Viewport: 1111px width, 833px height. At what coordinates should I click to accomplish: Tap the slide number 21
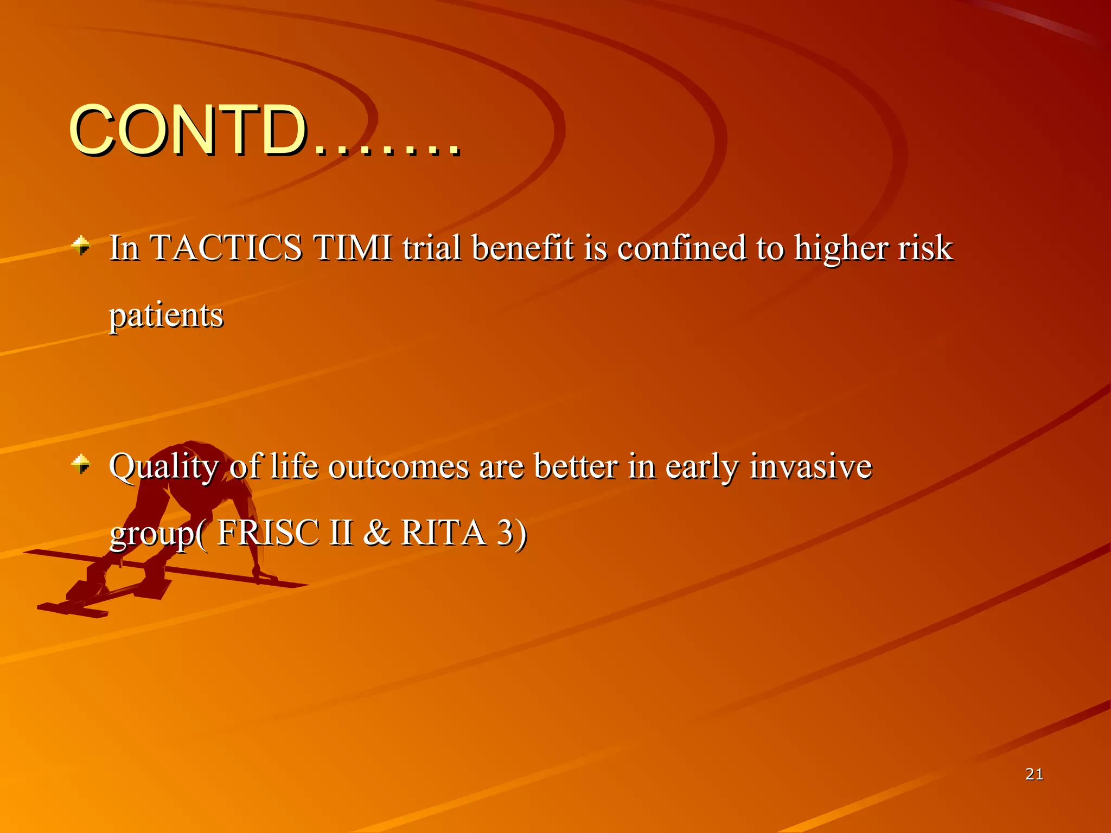[x=1034, y=774]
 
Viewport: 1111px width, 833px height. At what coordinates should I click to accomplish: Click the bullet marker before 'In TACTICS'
[x=81, y=245]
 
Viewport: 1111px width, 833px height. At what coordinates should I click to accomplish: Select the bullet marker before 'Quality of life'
[x=81, y=464]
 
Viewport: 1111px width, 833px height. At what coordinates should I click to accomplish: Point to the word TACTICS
[x=225, y=248]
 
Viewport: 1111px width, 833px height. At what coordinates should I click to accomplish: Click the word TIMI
[x=353, y=248]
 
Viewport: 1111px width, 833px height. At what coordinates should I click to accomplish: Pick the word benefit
[x=522, y=248]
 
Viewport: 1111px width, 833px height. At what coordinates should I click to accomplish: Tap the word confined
[x=681, y=248]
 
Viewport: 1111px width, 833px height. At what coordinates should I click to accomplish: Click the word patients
[x=166, y=316]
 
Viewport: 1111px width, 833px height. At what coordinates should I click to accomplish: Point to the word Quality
[x=163, y=467]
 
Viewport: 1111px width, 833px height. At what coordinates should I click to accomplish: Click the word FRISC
[x=267, y=533]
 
